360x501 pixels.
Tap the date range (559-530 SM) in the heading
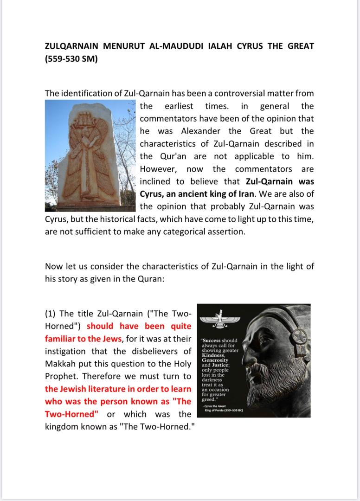click(x=71, y=59)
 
